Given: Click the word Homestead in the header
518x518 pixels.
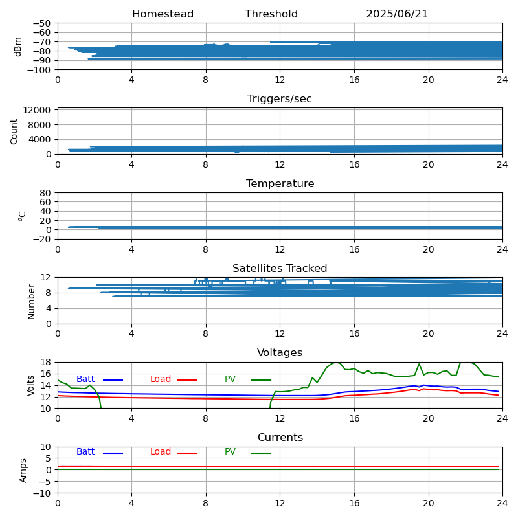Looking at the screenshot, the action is coord(163,14).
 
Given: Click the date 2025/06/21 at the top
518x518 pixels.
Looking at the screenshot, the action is coord(397,14).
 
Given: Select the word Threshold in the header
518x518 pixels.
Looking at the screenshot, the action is coord(271,14).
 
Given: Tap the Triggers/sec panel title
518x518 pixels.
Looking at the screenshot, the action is coord(280,99).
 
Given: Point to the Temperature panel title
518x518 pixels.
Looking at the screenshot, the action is coord(280,183).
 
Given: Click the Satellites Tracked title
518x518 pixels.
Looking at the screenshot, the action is coord(280,268).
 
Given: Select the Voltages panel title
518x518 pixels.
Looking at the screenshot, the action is coord(280,352).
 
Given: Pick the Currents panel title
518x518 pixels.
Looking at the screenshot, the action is coord(280,438).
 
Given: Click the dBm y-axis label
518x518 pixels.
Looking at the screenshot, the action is coord(17,47).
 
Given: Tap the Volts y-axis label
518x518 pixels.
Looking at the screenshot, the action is coord(30,385).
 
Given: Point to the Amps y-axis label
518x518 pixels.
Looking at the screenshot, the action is coord(23,471).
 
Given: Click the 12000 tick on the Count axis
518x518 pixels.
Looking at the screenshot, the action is coord(37,110).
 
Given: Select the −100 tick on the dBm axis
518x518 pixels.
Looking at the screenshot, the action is coord(39,70).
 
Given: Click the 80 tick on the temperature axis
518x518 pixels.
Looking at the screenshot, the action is coord(45,193).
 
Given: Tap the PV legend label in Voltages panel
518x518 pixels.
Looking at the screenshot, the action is coord(231,379).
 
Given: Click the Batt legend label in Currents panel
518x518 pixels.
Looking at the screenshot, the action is coord(85,451).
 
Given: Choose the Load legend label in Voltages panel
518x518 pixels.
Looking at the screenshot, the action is coord(161,379).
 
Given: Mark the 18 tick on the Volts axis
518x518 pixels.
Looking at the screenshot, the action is coord(45,362).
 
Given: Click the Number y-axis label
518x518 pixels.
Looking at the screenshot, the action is coord(31,302).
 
